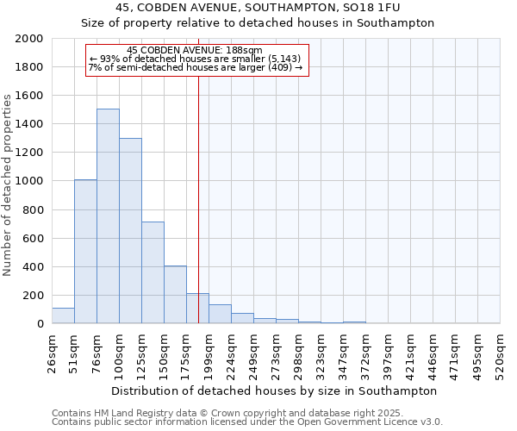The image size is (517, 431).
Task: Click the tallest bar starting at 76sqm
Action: pyautogui.click(x=108, y=215)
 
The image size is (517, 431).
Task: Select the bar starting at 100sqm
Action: pyautogui.click(x=130, y=231)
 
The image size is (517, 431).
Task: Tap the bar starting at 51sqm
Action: pyautogui.click(x=85, y=252)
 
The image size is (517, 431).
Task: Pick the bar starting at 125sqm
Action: pyautogui.click(x=153, y=272)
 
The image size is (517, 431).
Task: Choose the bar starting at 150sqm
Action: pyautogui.click(x=175, y=295)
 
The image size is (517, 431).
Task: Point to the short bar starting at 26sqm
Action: pyautogui.click(x=63, y=316)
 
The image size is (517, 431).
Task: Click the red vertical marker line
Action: pyautogui.click(x=198, y=198)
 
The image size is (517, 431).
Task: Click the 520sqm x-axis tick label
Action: pyautogui.click(x=500, y=353)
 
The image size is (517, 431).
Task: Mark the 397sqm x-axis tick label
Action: pyautogui.click(x=388, y=353)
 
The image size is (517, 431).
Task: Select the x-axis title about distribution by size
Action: pyautogui.click(x=275, y=390)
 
